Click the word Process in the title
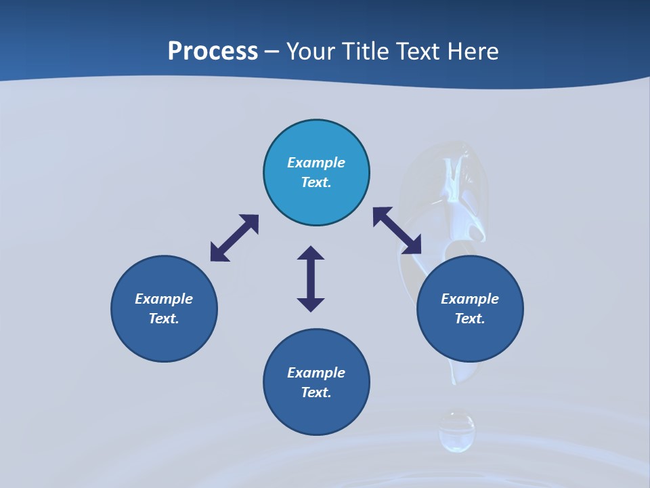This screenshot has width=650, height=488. pos(213,52)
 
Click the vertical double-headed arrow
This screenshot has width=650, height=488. pos(311,279)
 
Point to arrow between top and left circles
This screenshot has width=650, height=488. pos(234,238)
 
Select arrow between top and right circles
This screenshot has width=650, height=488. pos(397,230)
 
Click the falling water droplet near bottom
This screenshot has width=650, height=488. pos(456,431)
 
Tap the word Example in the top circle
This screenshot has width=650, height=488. pos(316,163)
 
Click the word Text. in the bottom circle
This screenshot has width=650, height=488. pos(316,392)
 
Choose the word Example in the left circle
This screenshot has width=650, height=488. pos(164,299)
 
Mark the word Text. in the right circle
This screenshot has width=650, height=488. pos(470,319)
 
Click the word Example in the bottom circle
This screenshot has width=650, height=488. pos(316,373)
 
